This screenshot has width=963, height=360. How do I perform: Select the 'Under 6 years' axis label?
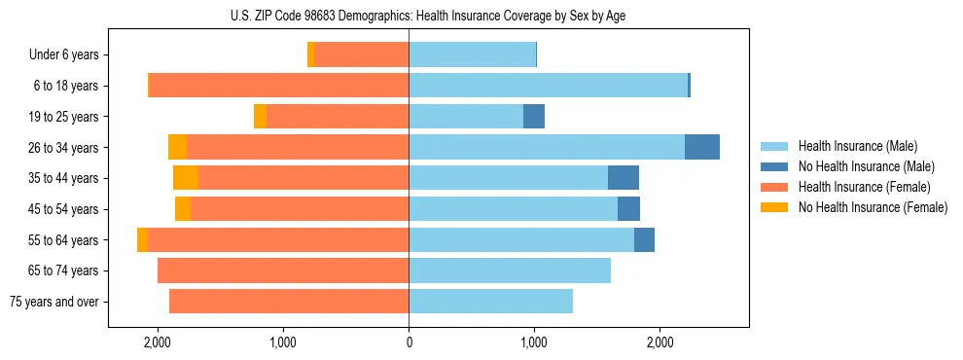[x=64, y=55]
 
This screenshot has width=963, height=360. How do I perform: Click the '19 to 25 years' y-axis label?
[x=63, y=117]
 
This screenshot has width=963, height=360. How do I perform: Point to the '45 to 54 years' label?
[x=63, y=209]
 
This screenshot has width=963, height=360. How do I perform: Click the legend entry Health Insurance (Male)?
[x=856, y=146]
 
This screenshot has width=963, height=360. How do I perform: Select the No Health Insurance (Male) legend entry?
[x=866, y=166]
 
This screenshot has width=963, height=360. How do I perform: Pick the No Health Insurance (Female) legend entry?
[x=873, y=207]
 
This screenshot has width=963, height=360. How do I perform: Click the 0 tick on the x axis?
[x=409, y=343]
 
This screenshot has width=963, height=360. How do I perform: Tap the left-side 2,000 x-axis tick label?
[x=158, y=343]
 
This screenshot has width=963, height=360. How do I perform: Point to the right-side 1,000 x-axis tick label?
[x=534, y=343]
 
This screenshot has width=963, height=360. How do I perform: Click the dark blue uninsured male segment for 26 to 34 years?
[x=702, y=147]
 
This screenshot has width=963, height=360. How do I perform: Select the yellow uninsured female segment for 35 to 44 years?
[x=186, y=178]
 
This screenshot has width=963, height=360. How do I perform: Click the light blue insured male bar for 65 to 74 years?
[x=510, y=270]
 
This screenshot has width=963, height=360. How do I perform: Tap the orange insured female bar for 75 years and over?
[x=289, y=302]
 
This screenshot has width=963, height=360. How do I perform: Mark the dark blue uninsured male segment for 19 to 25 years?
[x=534, y=117]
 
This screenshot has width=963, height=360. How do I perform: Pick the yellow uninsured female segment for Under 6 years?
[x=311, y=55]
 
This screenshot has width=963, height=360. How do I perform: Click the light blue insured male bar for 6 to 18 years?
[x=548, y=86]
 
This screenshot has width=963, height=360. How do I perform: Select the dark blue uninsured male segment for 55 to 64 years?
[x=644, y=239]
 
